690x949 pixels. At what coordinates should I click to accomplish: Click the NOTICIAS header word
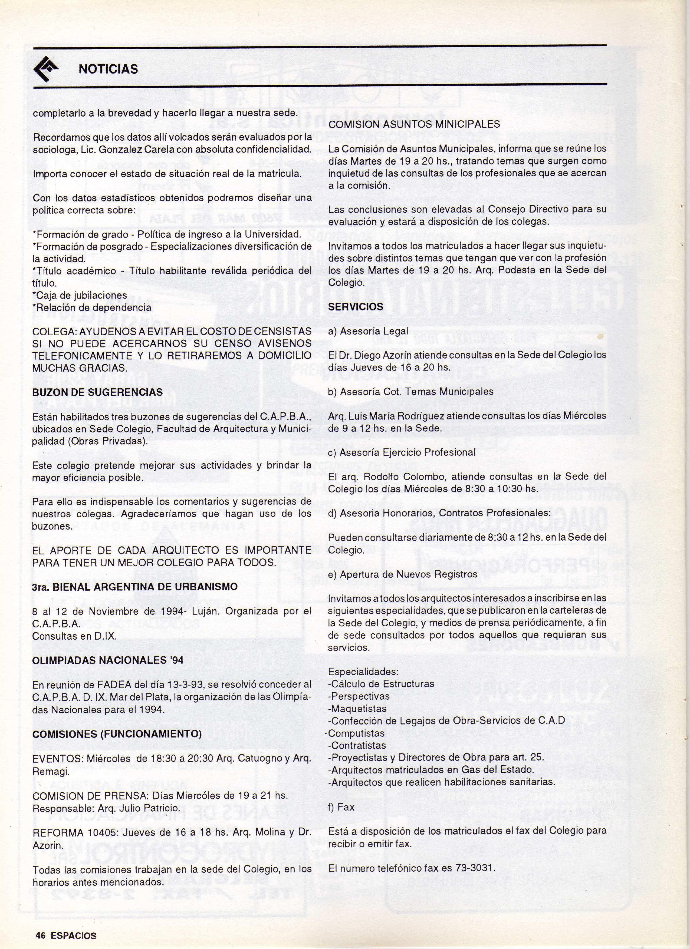click(x=108, y=69)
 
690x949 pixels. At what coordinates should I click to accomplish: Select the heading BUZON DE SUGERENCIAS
click(x=98, y=392)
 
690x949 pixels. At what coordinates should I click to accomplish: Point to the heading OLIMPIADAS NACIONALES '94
click(x=108, y=660)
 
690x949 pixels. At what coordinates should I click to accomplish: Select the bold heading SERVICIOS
click(x=356, y=307)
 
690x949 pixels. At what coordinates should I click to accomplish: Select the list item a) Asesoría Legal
click(x=368, y=331)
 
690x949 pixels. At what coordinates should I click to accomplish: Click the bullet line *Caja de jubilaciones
click(x=80, y=295)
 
